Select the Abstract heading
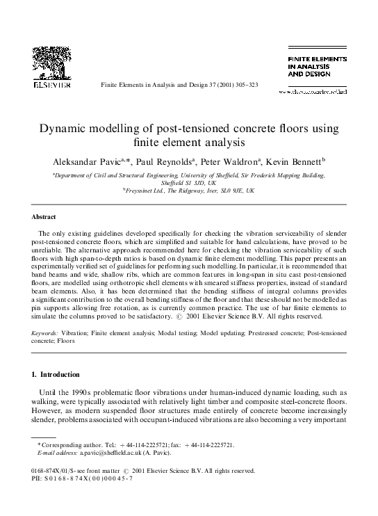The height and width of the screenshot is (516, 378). [43, 216]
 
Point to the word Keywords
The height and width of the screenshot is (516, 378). [47, 334]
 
